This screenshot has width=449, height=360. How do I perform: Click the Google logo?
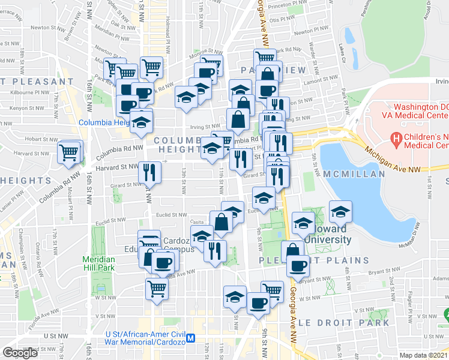tap(20, 353)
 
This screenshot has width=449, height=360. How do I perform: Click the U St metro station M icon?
tap(191, 338)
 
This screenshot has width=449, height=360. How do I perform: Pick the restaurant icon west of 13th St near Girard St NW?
tap(149, 173)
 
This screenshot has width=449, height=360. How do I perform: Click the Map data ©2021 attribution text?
tap(424, 355)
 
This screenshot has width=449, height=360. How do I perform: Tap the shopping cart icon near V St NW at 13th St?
tap(157, 289)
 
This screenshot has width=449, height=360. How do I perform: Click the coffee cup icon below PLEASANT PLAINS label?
tap(298, 265)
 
